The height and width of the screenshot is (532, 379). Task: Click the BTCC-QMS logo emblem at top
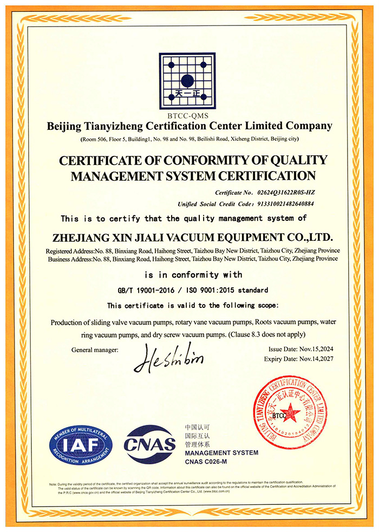(187, 82)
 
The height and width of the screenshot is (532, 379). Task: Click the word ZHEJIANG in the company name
(81, 238)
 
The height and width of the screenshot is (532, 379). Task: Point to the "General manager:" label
(95, 350)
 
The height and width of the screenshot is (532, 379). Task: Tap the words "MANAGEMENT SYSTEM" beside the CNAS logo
(221, 452)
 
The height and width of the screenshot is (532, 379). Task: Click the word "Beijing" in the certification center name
(63, 127)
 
